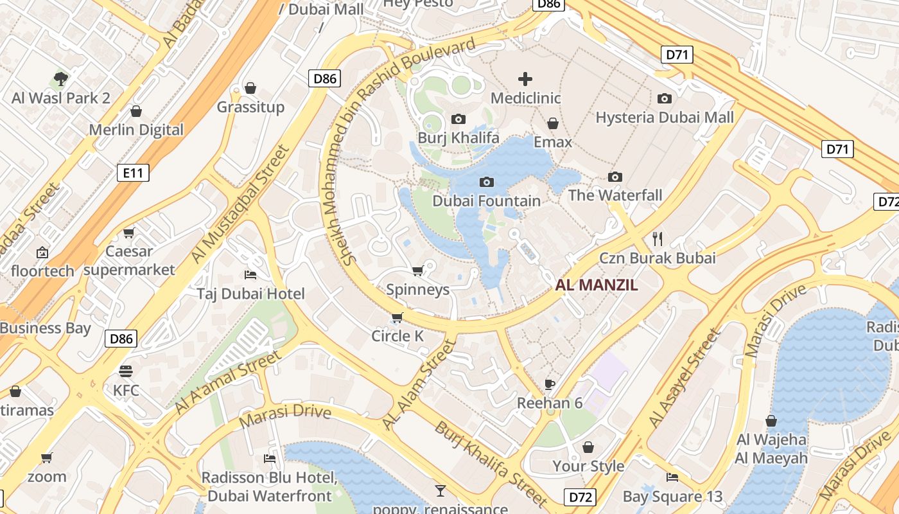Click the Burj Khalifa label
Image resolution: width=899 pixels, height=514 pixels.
[458, 137]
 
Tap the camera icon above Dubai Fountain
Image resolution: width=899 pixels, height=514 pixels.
[487, 182]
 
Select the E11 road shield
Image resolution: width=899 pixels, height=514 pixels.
[133, 172]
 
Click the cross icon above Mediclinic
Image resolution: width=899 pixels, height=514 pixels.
[525, 79]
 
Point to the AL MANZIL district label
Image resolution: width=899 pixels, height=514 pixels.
[597, 285]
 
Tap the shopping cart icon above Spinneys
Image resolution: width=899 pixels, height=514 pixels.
[417, 270]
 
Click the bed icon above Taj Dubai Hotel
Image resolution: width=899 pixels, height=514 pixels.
[250, 275]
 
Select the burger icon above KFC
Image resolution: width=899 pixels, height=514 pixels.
[126, 371]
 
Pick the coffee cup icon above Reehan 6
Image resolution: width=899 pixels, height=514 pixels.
[549, 384]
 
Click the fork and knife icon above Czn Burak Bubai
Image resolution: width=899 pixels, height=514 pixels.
[657, 239]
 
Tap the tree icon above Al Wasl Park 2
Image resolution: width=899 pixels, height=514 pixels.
[61, 79]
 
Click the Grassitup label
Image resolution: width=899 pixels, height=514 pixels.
[250, 107]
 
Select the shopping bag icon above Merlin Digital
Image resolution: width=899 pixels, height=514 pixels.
[136, 111]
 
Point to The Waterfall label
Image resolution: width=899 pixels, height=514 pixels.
[615, 195]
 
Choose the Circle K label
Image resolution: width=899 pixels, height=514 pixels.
[397, 336]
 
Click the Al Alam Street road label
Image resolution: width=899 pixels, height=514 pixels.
[419, 385]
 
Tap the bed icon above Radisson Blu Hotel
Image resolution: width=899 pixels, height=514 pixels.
[270, 458]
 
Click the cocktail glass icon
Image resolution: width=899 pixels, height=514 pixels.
[440, 491]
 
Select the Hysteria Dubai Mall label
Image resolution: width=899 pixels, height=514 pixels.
[665, 118]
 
